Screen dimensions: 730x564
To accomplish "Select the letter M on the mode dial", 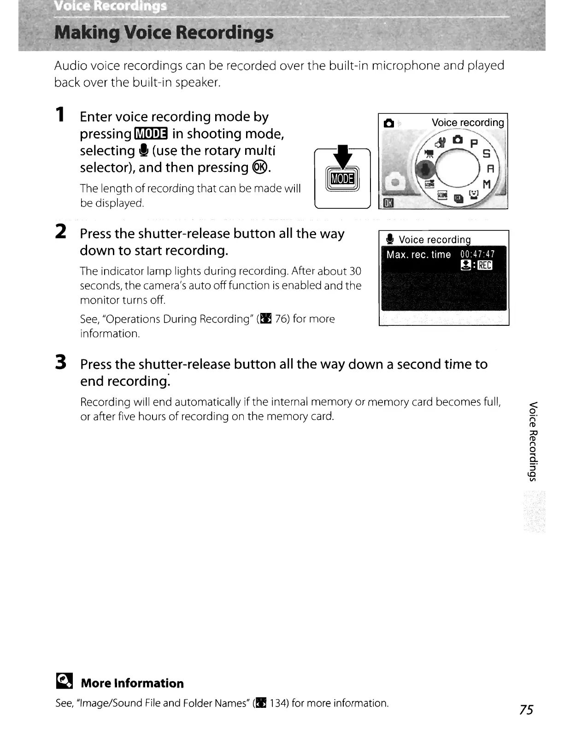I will [486, 184].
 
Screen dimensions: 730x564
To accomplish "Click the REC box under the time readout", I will [485, 265].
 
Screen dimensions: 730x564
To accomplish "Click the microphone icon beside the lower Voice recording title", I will [390, 239].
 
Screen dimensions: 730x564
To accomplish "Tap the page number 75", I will [526, 710].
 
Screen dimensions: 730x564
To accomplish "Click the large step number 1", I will [60, 115].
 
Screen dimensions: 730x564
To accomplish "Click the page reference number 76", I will [282, 319].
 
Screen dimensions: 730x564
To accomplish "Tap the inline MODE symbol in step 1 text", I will [151, 134].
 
